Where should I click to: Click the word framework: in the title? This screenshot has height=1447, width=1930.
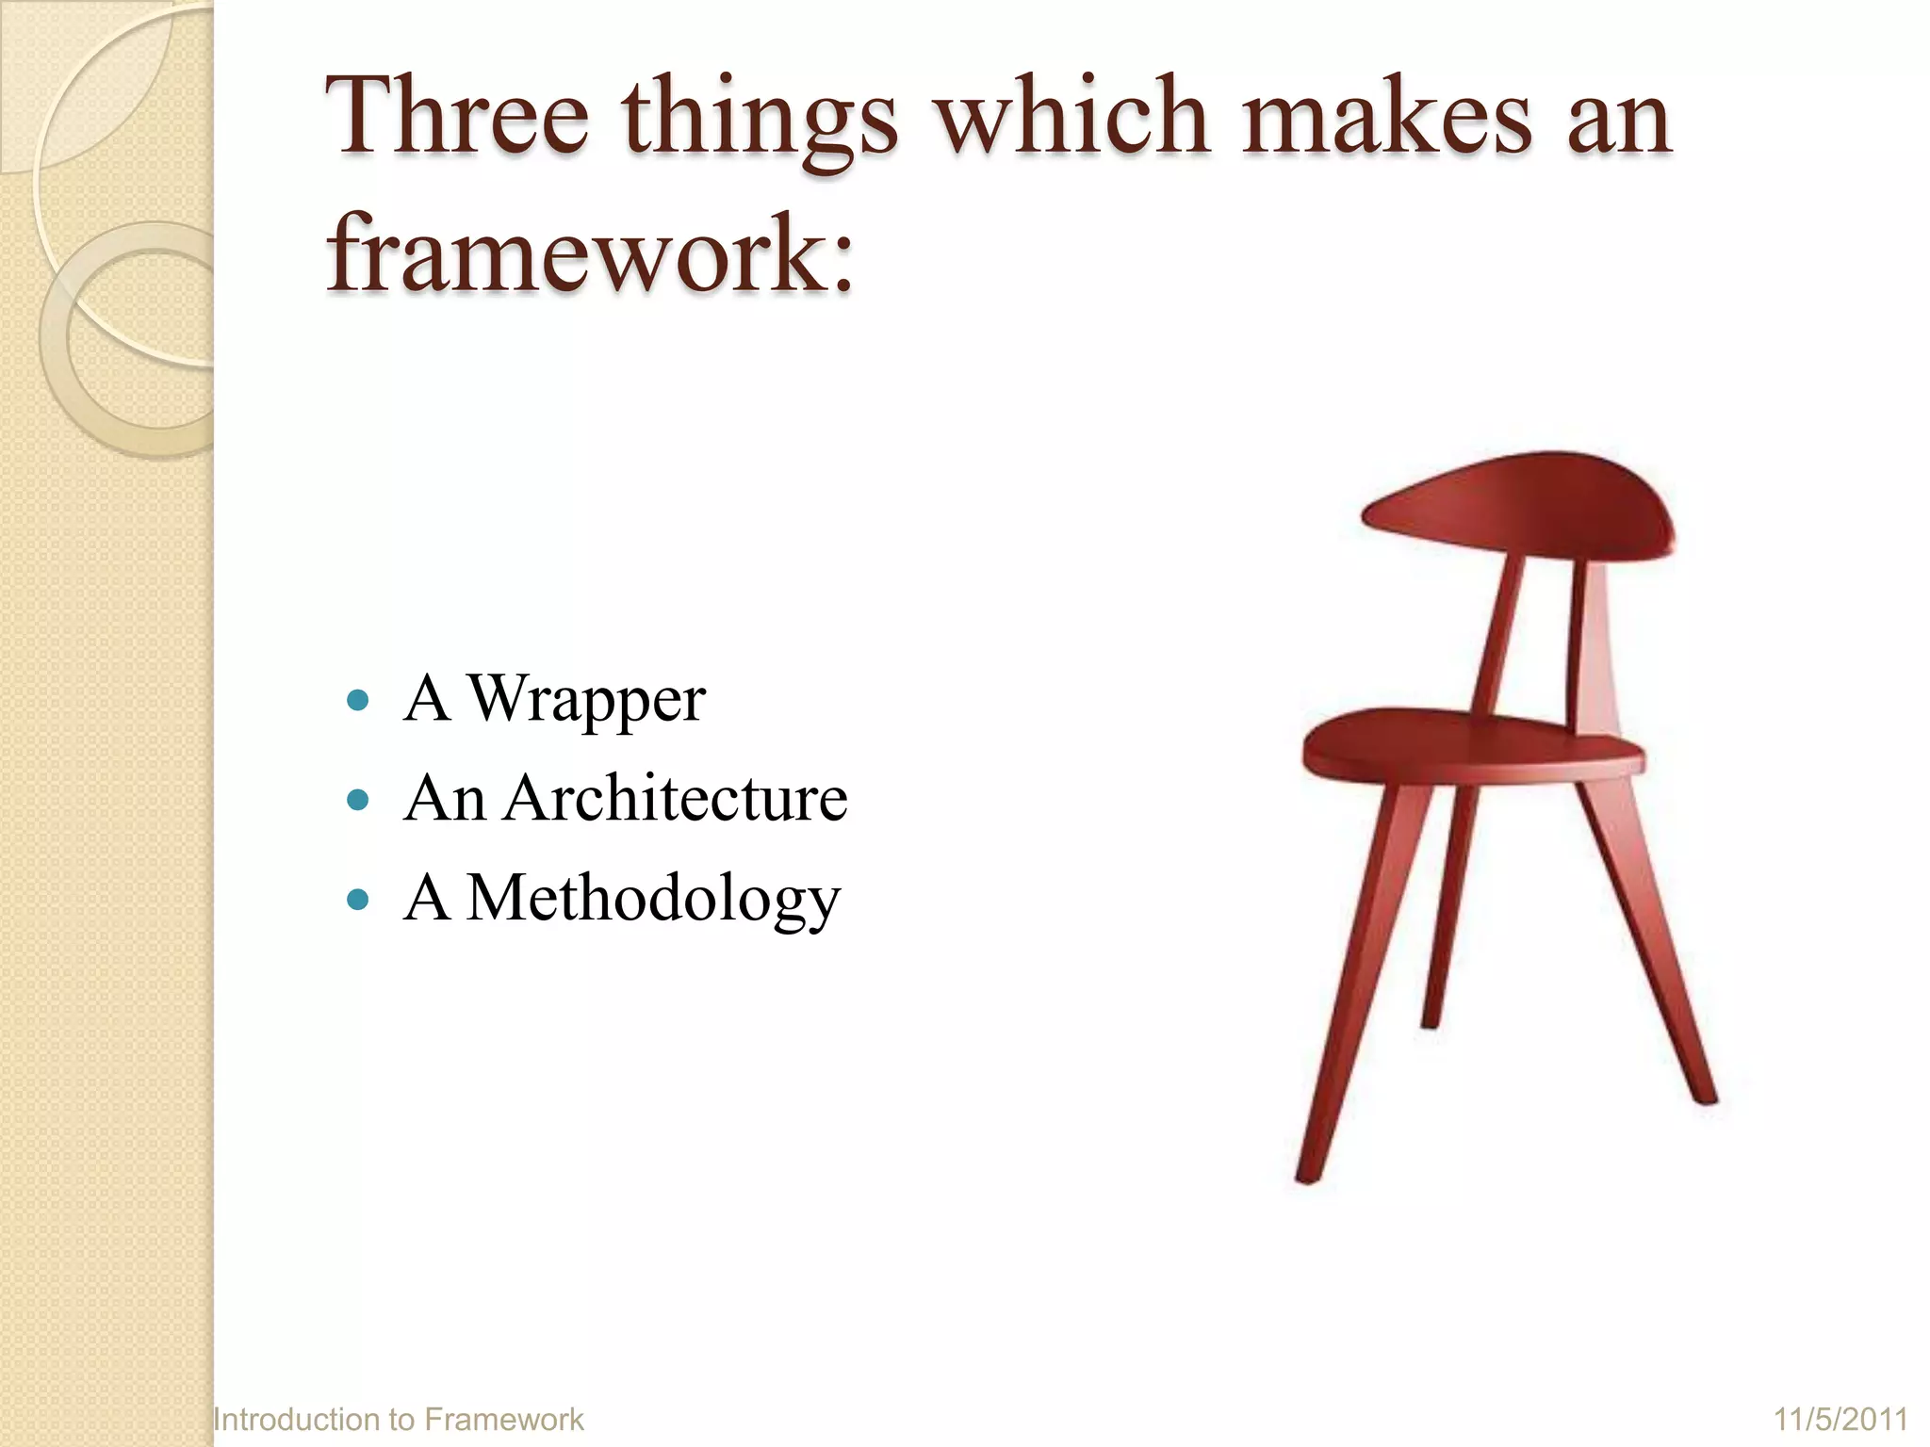pyautogui.click(x=590, y=252)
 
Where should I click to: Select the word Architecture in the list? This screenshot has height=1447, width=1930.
pyautogui.click(x=676, y=799)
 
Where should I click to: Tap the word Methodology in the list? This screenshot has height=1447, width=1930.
pyautogui.click(x=653, y=900)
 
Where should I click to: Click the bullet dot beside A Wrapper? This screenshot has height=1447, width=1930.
pyautogui.click(x=357, y=701)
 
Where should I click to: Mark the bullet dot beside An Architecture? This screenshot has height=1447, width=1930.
pyautogui.click(x=357, y=801)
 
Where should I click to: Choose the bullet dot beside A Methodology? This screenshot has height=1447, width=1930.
pyautogui.click(x=357, y=900)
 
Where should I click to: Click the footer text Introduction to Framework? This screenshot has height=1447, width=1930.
pyautogui.click(x=399, y=1419)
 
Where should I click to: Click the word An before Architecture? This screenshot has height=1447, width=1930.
pyautogui.click(x=444, y=799)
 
